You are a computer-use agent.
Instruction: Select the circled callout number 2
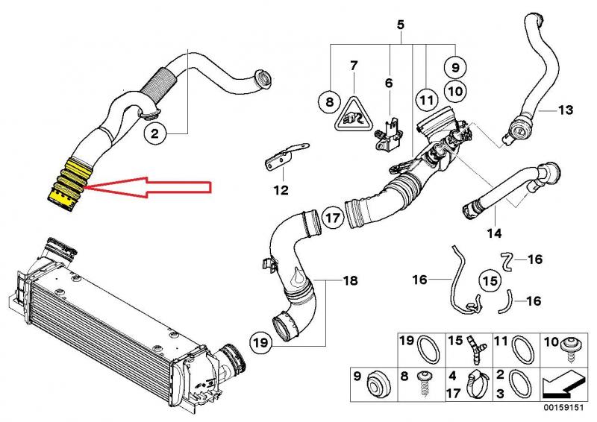tap(155, 134)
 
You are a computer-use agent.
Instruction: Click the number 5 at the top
tap(400, 25)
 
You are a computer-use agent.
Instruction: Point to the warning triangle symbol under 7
tap(354, 114)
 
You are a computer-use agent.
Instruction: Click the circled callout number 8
tap(330, 101)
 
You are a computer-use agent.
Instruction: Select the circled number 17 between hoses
tap(333, 218)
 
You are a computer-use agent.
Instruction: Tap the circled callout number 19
tap(261, 342)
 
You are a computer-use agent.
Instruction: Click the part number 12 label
tap(281, 189)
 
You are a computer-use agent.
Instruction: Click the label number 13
tap(566, 110)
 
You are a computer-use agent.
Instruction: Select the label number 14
tap(494, 233)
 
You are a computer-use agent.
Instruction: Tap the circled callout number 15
tap(490, 281)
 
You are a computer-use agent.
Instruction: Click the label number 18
tap(351, 281)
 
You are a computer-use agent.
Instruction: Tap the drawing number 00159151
tap(563, 407)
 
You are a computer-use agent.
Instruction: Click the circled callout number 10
tap(456, 91)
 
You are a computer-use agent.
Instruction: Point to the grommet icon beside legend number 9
tap(378, 384)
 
